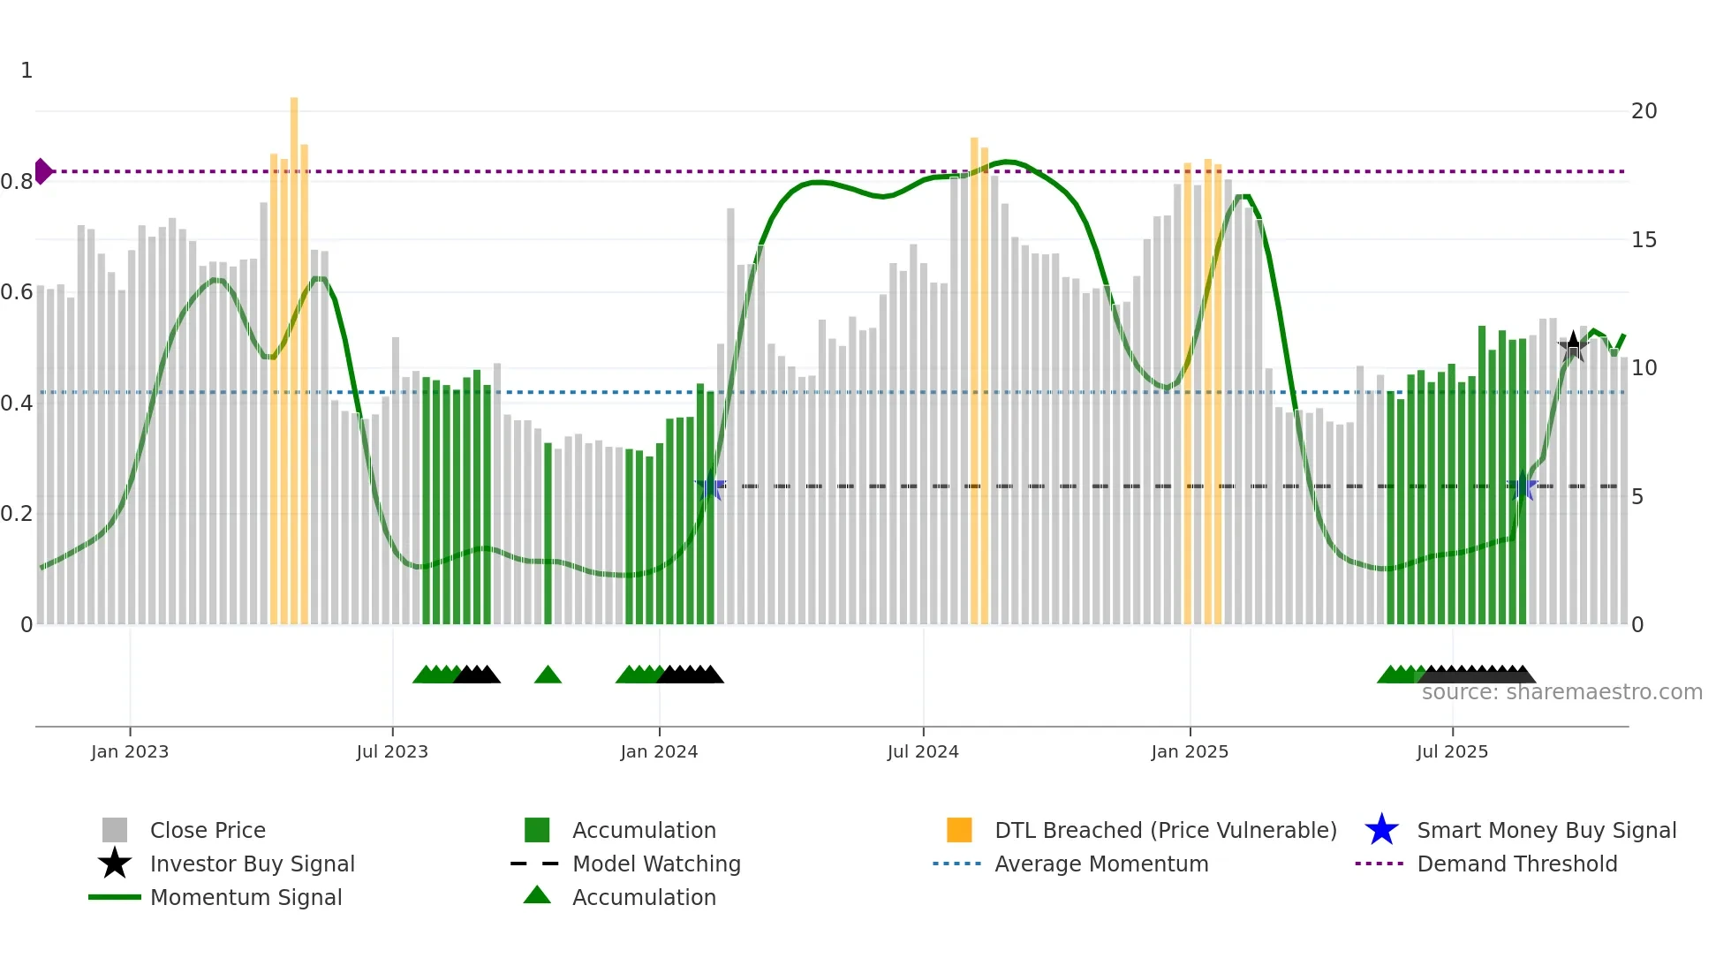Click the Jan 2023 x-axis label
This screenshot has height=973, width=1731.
point(130,752)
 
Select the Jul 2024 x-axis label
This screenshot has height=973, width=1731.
point(923,752)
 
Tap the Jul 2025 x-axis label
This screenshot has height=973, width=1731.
point(1452,752)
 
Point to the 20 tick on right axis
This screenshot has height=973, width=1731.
point(1644,111)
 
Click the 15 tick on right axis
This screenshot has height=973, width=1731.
point(1644,240)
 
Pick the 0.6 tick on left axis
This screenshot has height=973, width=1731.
point(17,292)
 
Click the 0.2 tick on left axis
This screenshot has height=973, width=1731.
point(17,514)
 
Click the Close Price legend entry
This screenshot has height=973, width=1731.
point(208,831)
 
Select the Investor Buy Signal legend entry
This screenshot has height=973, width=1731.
point(252,864)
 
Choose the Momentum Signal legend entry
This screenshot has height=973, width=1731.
point(246,898)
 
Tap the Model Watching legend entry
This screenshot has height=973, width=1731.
point(656,864)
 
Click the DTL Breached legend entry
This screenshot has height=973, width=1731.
point(1165,831)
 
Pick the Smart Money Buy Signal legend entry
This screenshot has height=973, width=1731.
point(1546,831)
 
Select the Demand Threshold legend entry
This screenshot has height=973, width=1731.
point(1516,864)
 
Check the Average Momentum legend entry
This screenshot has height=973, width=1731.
point(1101,864)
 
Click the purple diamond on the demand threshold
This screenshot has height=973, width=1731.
point(43,171)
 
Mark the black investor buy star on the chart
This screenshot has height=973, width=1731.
point(1573,346)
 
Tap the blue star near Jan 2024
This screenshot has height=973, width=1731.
point(710,486)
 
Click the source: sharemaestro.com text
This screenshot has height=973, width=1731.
point(1561,692)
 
